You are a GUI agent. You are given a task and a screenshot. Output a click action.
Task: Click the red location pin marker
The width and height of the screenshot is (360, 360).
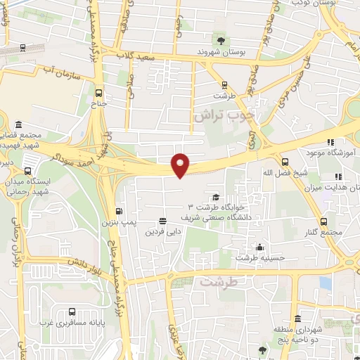click(181, 165)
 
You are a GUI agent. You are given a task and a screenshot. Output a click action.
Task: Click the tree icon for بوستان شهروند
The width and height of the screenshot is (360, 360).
click(221, 40)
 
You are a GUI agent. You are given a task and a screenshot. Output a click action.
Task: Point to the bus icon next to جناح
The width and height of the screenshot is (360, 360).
click(98, 92)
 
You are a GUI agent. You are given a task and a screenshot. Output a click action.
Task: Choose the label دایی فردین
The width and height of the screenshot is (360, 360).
click(163, 230)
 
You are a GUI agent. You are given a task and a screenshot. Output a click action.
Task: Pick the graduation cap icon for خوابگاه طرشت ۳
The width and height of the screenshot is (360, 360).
click(215, 197)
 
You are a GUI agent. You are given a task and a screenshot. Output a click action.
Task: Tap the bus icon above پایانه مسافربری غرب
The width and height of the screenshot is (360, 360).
click(72, 311)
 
